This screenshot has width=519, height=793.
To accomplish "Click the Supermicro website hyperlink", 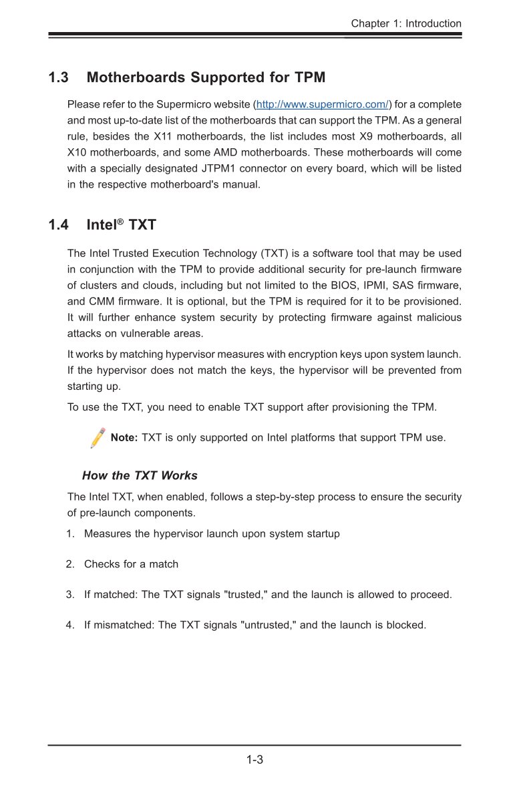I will [x=323, y=105].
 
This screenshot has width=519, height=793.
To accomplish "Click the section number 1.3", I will [x=58, y=77].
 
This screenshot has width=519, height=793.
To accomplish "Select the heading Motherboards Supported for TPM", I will [x=206, y=77].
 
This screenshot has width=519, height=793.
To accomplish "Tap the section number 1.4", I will [x=58, y=225].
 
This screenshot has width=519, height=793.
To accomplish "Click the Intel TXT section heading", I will [x=122, y=225].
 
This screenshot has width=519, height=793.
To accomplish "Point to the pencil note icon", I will [x=98, y=438].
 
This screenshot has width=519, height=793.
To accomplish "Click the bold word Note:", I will [x=124, y=438].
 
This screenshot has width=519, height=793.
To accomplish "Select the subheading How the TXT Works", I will [x=140, y=476].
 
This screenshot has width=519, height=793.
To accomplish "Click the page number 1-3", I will [x=254, y=760].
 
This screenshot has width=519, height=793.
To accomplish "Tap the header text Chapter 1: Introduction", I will [x=406, y=23].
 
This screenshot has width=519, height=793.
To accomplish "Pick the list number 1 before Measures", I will [x=70, y=534].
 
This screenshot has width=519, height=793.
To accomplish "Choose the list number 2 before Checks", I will [x=70, y=564].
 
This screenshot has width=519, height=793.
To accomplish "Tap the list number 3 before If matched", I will [x=70, y=594].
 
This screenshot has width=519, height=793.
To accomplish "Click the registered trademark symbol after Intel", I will [x=122, y=220].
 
